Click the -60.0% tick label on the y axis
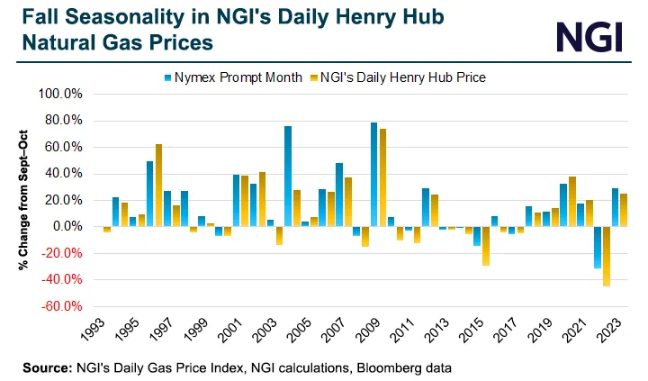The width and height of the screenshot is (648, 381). point(63,307)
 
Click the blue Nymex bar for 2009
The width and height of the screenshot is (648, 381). point(373,175)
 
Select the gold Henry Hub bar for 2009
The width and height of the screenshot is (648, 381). point(382,177)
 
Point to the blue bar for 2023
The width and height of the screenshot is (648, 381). point(615,207)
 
